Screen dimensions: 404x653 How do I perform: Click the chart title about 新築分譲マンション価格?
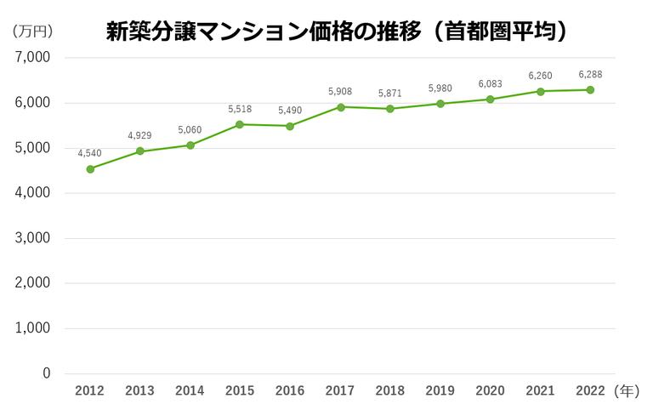337,31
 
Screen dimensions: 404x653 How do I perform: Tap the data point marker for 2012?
90,168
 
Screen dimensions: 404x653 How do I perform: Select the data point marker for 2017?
340,107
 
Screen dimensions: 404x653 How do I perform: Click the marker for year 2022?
590,90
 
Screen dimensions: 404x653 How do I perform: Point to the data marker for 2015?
240,124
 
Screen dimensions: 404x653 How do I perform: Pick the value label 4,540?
90,153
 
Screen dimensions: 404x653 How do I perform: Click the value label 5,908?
340,91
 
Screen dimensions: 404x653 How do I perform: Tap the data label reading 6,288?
590,74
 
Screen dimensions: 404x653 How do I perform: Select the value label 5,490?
290,110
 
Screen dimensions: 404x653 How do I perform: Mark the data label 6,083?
491,83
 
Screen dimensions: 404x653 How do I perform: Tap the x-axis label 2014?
190,391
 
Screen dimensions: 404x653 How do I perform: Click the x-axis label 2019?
440,391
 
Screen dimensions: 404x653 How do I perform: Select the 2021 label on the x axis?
540,391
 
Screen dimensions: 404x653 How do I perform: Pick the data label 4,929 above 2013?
139,136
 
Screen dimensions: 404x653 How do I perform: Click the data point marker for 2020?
491,99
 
